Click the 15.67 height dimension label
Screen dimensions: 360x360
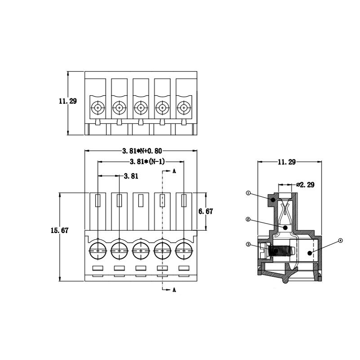click(59, 230)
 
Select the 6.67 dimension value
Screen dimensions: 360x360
click(206, 211)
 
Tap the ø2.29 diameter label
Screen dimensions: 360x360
click(305, 185)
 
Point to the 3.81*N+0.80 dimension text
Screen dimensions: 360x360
click(142, 151)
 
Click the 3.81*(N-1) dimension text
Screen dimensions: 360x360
click(148, 162)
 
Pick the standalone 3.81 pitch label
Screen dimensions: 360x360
click(131, 176)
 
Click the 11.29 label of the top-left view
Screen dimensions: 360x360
click(68, 101)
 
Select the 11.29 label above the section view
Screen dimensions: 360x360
click(287, 162)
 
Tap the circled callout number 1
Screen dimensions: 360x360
click(248, 193)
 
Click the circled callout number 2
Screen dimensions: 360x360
click(248, 220)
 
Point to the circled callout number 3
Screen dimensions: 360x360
click(248, 244)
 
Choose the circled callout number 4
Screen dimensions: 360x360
click(340, 241)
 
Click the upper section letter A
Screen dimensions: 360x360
click(174, 171)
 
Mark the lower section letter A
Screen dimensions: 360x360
click(174, 290)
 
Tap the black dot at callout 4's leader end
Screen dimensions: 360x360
click(310, 253)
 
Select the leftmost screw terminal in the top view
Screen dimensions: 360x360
click(98, 107)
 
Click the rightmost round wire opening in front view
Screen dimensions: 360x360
click(184, 251)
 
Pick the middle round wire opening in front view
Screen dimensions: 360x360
click(141, 251)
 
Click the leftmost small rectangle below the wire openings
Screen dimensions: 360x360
click(98, 268)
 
